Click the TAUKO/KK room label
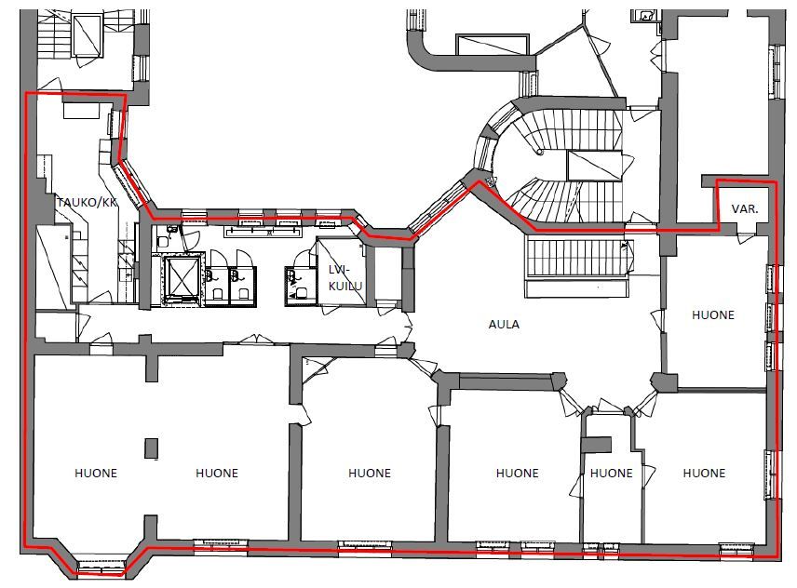pos(87,202)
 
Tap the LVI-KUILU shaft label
pos(345,278)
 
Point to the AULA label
pos(504,324)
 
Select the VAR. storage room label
pos(745,208)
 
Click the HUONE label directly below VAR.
pos(713,314)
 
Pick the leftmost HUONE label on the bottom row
pos(96,474)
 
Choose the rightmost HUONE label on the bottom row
pos(704,474)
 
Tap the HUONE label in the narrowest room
pos(612,474)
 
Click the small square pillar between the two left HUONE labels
pos(152,448)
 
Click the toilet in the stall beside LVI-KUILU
pos(301,293)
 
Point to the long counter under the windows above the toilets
pos(263,232)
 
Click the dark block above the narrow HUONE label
pos(596,445)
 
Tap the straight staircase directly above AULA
pos(576,258)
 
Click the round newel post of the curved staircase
pos(540,152)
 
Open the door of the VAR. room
pos(746,237)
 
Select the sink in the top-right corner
pos(644,16)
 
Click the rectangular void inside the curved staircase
pos(594,166)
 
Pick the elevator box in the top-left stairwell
pos(87,34)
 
